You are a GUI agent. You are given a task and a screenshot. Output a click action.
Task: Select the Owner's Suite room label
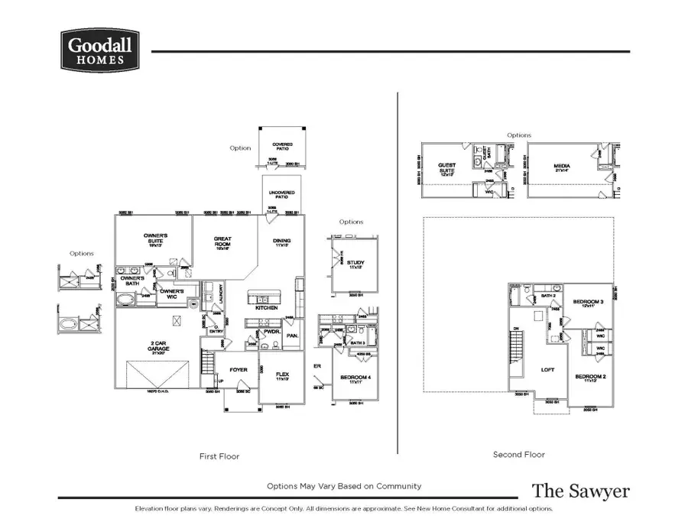coord(155,238)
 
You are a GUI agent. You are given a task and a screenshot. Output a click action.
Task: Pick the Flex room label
coord(281,375)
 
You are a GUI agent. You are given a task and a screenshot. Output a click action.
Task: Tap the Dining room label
coord(282,242)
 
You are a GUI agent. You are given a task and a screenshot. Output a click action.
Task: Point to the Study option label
coord(355,263)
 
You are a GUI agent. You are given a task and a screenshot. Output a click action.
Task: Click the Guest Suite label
coord(446,167)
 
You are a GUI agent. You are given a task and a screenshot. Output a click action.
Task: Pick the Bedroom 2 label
coord(589,377)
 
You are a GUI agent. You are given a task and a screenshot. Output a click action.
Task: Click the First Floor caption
coord(220,456)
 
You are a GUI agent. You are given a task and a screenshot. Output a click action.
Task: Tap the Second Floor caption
coord(518,455)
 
